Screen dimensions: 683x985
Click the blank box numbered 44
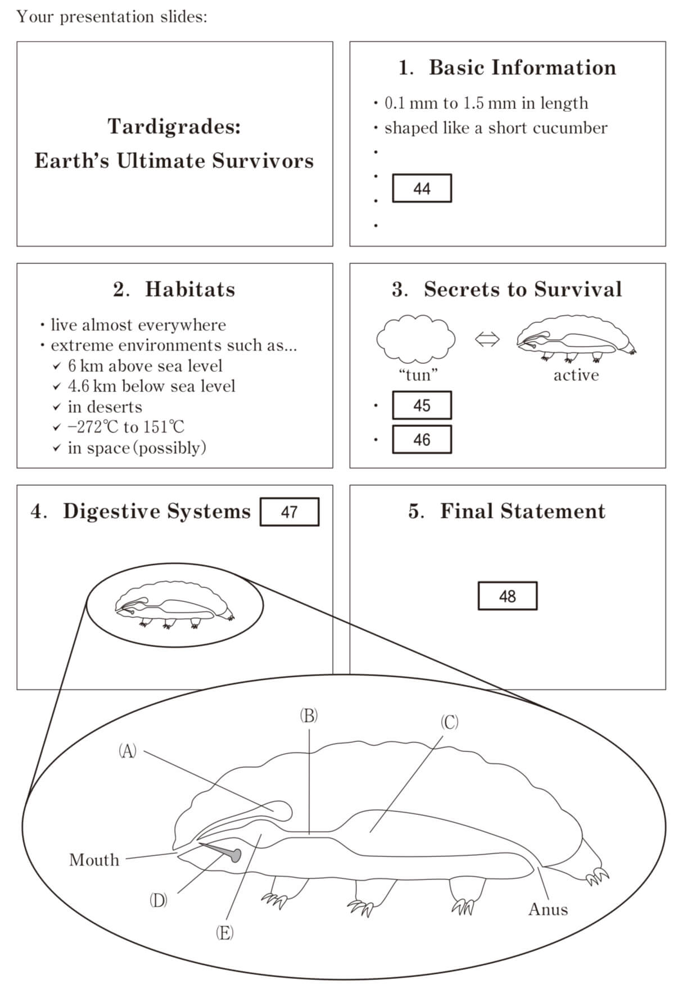(x=422, y=188)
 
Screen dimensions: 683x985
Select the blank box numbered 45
(x=422, y=405)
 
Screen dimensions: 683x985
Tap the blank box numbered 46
(x=422, y=440)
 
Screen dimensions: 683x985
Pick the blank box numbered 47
(x=290, y=512)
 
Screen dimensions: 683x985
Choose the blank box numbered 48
(x=508, y=596)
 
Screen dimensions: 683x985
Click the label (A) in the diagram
(x=128, y=751)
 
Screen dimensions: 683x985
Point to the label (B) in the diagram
(x=309, y=715)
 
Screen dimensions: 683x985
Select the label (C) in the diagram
(x=449, y=722)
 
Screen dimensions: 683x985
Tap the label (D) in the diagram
(x=158, y=900)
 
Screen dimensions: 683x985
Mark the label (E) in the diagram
(x=224, y=933)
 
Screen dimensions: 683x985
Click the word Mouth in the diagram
(x=94, y=860)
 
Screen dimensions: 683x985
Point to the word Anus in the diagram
(x=548, y=909)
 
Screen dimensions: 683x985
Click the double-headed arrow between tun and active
(x=487, y=339)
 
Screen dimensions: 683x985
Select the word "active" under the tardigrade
(x=576, y=375)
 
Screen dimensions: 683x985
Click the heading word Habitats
(x=190, y=289)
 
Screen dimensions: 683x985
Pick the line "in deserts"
(x=105, y=407)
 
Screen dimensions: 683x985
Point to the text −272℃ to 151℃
(x=126, y=427)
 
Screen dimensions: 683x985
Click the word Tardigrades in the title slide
(x=174, y=127)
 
